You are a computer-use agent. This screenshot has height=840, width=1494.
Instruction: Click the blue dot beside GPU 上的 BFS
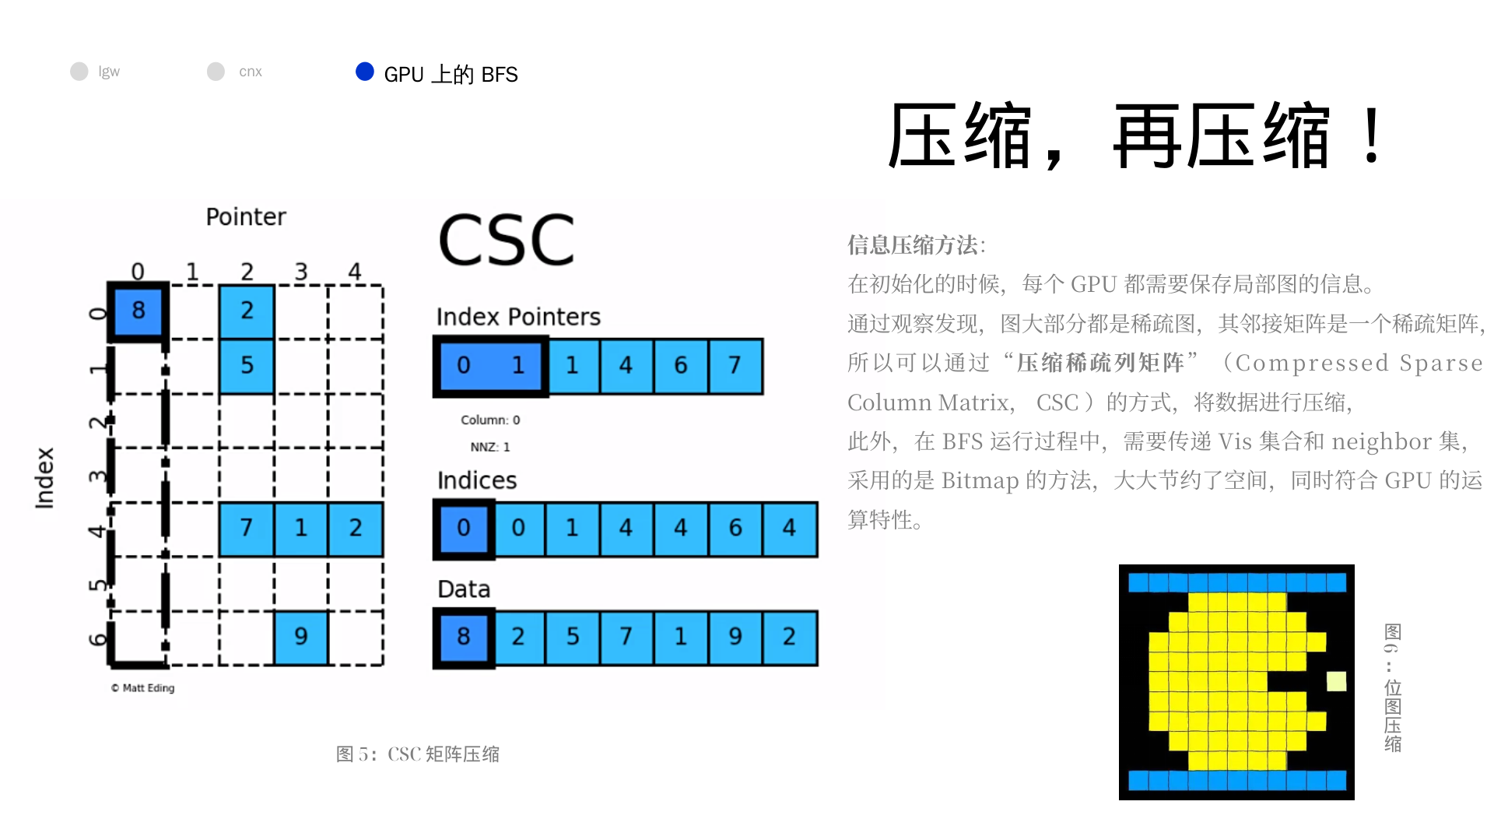(x=365, y=72)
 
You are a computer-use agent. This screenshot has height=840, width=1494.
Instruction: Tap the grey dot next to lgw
(x=79, y=72)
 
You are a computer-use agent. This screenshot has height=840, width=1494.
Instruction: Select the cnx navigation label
(x=251, y=72)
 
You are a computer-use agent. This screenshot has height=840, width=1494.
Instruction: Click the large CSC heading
(x=507, y=240)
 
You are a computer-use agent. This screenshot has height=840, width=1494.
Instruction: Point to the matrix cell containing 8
(x=139, y=311)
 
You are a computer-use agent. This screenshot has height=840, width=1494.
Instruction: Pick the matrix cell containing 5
(x=247, y=366)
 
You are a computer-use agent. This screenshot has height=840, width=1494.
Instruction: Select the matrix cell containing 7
(x=247, y=529)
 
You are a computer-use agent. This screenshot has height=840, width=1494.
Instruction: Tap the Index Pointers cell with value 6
(x=681, y=366)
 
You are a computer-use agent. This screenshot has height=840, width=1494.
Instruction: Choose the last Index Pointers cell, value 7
(x=735, y=366)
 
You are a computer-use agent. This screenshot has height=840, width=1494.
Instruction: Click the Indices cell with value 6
(x=735, y=529)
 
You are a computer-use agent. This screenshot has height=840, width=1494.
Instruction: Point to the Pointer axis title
(x=246, y=217)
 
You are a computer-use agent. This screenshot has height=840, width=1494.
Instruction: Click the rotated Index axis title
(x=44, y=478)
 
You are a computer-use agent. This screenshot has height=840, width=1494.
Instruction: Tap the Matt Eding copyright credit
(x=142, y=688)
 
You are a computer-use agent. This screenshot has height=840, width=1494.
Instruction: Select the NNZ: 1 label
(x=490, y=447)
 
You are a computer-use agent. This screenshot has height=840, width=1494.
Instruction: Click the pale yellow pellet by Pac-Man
(x=1336, y=681)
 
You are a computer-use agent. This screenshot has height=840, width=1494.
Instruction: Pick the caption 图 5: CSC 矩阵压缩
(x=418, y=754)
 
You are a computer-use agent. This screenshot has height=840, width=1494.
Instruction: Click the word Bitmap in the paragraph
(x=980, y=481)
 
